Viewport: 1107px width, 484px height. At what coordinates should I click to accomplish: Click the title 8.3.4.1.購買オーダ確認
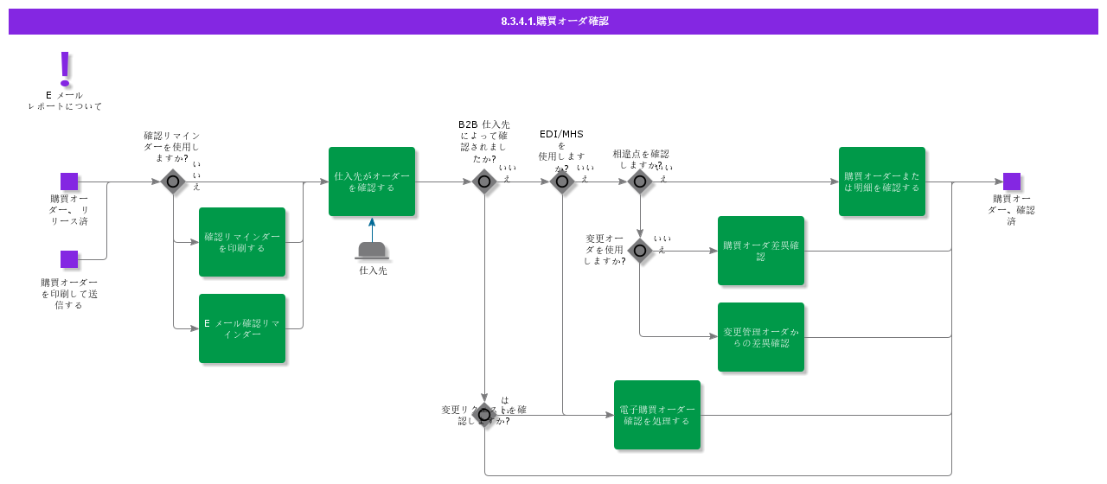coord(554,21)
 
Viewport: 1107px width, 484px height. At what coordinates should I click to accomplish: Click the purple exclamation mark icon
coord(65,67)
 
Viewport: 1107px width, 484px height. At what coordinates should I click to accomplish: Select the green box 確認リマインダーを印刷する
coord(242,242)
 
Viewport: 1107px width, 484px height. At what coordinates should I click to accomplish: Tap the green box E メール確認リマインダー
coord(242,328)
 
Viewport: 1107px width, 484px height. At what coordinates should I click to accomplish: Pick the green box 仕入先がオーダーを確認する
coord(372,181)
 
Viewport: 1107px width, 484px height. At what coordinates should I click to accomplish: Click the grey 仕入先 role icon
coord(373,251)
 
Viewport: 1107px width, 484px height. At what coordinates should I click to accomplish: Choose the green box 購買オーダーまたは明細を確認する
coord(882,181)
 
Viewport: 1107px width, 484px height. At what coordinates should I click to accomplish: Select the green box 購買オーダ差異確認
coord(761,251)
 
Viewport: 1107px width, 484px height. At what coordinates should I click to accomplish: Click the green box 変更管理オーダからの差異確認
coord(761,337)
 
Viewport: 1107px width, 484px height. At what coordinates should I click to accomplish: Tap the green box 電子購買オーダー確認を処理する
coord(657,415)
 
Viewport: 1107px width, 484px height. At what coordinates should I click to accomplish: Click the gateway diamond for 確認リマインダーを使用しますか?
coord(173,181)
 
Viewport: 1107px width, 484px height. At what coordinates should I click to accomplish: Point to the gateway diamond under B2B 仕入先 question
coord(484,181)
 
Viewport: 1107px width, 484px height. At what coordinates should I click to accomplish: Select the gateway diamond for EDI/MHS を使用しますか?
coord(562,181)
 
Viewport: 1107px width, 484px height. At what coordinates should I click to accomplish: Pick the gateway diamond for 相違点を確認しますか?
coord(640,181)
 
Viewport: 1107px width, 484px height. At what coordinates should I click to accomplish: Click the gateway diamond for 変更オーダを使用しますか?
coord(640,251)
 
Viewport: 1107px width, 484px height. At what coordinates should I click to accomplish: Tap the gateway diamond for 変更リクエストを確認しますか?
coord(484,415)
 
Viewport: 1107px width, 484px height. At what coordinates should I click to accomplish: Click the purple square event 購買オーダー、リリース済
coord(69,181)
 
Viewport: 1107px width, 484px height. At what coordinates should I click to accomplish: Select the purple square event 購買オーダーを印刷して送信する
coord(69,259)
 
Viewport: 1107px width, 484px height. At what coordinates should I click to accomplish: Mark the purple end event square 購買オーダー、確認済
coord(1012,181)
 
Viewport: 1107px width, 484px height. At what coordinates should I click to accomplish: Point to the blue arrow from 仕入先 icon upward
coord(373,229)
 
